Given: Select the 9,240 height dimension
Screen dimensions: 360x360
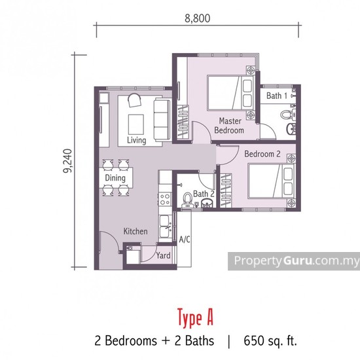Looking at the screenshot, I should click(x=67, y=160).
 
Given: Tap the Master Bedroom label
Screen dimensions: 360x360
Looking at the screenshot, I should click(x=230, y=126).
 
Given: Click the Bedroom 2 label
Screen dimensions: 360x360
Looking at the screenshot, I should click(x=262, y=154).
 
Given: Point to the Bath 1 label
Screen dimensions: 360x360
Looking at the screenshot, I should click(x=277, y=96).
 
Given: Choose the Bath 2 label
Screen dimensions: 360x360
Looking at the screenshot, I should click(x=204, y=194).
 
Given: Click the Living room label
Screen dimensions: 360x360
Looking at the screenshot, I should click(x=136, y=140).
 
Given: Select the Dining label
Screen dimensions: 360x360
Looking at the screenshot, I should click(x=115, y=177).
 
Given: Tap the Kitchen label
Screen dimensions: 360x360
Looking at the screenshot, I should click(x=135, y=231).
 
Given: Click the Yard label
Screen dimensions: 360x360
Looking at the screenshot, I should click(x=163, y=255).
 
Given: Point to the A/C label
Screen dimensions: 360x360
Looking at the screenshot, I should click(x=184, y=240).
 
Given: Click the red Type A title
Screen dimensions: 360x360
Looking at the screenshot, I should click(x=196, y=317).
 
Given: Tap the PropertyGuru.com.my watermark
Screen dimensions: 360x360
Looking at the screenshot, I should click(x=294, y=261).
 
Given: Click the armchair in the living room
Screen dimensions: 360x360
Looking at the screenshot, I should click(x=135, y=101).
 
